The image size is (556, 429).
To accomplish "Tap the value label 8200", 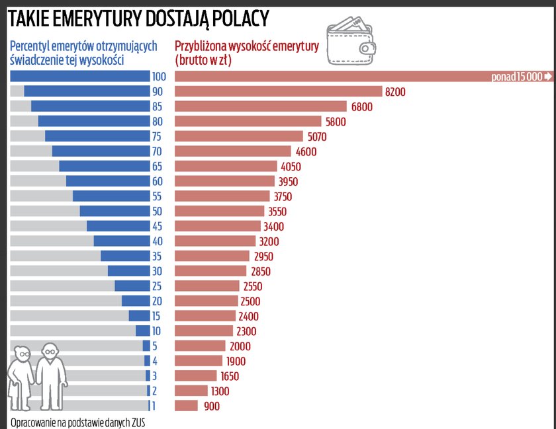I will tap(394, 92).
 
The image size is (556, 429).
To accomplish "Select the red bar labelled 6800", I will tap(261, 106).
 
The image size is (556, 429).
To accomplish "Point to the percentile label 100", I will tap(158, 77).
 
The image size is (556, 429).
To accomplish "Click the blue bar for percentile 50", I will tap(115, 211).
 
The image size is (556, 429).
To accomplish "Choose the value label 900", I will tap(211, 406).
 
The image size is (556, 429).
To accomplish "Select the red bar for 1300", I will tap(191, 391).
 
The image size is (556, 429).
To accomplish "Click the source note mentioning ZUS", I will tap(77, 422).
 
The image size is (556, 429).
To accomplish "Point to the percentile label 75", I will tap(157, 136).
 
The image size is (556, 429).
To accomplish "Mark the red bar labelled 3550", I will tap(220, 211).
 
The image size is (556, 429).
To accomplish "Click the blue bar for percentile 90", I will tap(87, 91).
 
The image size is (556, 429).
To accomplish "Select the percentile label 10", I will tap(157, 331).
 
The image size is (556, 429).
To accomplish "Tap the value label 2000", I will tap(240, 346).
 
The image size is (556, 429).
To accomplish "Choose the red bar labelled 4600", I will tap(232, 151).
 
